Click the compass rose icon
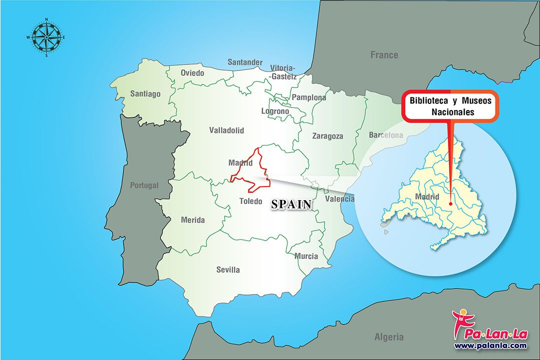pyautogui.click(x=46, y=37)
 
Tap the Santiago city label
pyautogui.click(x=145, y=93)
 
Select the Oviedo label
pyautogui.click(x=192, y=73)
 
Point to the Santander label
pyautogui.click(x=245, y=62)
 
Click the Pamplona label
pyautogui.click(x=309, y=97)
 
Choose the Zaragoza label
pyautogui.click(x=327, y=135)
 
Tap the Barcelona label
pyautogui.click(x=385, y=135)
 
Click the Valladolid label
pyautogui.click(x=226, y=130)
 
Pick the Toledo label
pyautogui.click(x=250, y=201)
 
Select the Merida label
pyautogui.click(x=192, y=220)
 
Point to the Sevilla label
pyautogui.click(x=228, y=269)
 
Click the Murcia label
pyautogui.click(x=306, y=256)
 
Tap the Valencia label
pyautogui.click(x=339, y=199)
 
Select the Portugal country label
pyautogui.click(x=144, y=185)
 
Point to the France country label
pyautogui.click(x=384, y=54)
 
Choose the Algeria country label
pyautogui.click(x=388, y=337)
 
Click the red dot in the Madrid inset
pyautogui.click(x=450, y=203)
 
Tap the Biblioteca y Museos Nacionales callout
pyautogui.click(x=450, y=106)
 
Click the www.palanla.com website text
pyautogui.click(x=490, y=345)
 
